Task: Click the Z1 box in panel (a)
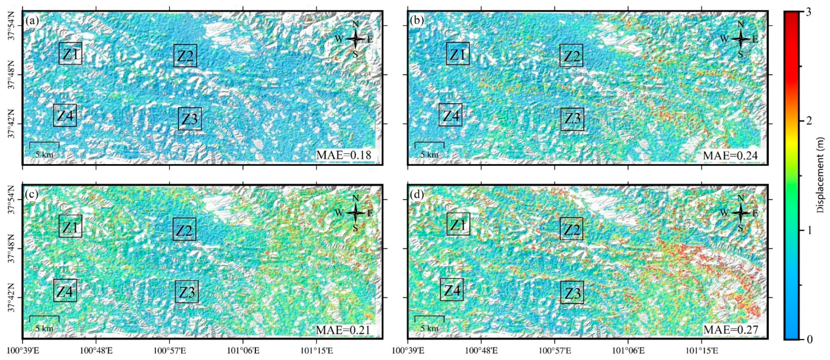coord(70,54)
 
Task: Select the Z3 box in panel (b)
coord(572,119)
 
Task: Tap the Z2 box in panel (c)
coord(184,229)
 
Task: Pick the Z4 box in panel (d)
coord(452,290)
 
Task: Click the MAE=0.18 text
coord(344,155)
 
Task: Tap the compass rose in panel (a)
coord(355,39)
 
